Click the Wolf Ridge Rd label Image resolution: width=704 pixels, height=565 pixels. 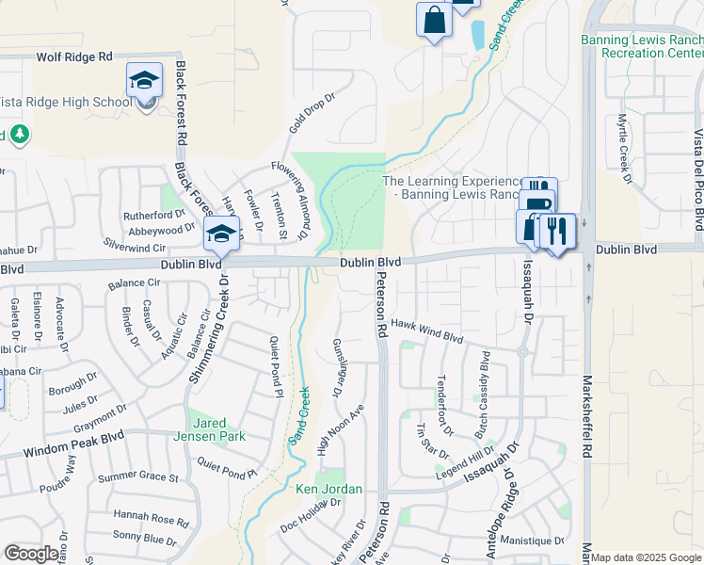74,57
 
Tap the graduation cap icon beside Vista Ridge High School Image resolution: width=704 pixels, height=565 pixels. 144,81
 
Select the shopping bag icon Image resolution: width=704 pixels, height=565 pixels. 433,20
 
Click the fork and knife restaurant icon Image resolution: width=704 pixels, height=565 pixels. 557,231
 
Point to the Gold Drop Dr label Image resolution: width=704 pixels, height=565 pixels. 312,111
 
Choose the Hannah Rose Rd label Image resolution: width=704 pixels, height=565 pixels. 152,517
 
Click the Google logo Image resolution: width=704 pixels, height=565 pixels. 31,554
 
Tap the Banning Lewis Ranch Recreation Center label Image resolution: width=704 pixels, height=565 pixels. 642,47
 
